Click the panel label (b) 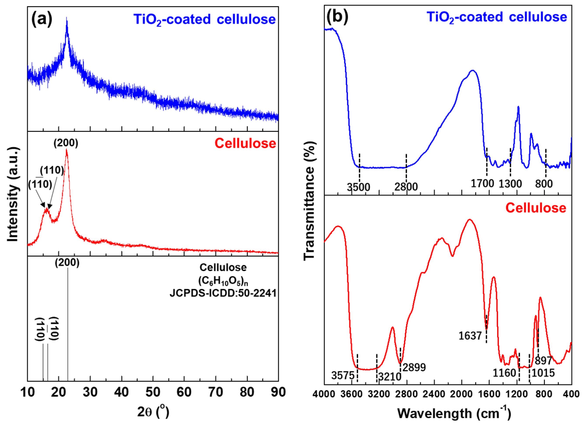pos(337,17)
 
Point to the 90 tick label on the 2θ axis pos(278,392)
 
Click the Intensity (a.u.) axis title pos(13,194)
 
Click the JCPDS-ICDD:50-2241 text pos(223,293)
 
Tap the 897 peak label pos(543,361)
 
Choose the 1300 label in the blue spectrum pos(510,184)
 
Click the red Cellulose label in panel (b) pos(536,208)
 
